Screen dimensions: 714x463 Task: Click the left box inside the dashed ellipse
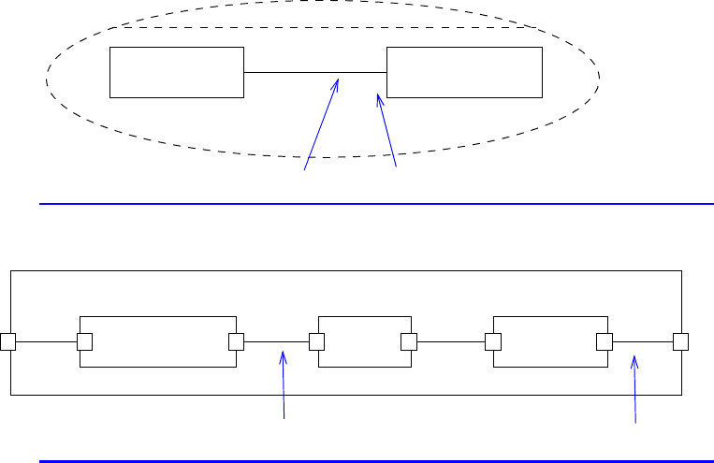click(177, 72)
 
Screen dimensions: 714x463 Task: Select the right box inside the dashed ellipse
click(464, 72)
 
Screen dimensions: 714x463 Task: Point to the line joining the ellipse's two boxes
click(314, 72)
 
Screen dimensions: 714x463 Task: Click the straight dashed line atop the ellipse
click(328, 28)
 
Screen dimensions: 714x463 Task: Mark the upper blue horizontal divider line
click(374, 202)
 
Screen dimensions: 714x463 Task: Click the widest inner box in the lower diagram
click(158, 341)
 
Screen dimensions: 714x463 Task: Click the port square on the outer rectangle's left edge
click(8, 341)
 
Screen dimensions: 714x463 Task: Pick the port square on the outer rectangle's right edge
click(680, 341)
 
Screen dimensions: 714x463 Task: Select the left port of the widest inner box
click(82, 341)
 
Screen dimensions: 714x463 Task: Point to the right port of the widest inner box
click(236, 341)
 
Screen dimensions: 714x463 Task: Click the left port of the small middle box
click(317, 341)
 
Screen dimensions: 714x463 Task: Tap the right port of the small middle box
click(409, 341)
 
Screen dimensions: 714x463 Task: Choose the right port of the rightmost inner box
click(605, 341)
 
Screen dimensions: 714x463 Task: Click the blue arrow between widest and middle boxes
click(284, 383)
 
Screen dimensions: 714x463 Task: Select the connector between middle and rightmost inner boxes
click(451, 341)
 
